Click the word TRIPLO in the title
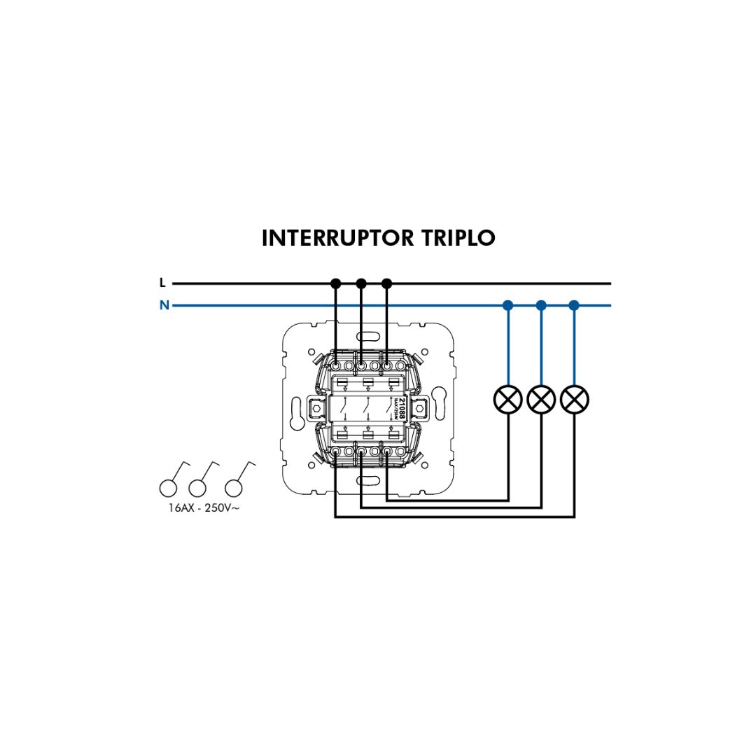pyautogui.click(x=458, y=238)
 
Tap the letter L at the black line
pyautogui.click(x=162, y=283)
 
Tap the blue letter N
pyautogui.click(x=164, y=305)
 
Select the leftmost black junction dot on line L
pyautogui.click(x=335, y=283)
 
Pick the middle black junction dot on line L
pyautogui.click(x=361, y=283)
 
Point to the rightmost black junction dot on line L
pyautogui.click(x=387, y=283)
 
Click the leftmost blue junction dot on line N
pyautogui.click(x=508, y=305)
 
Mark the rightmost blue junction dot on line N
pyautogui.click(x=575, y=305)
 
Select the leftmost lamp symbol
pyautogui.click(x=508, y=399)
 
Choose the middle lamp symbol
pyautogui.click(x=541, y=399)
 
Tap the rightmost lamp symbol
pyautogui.click(x=575, y=399)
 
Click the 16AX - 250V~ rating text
pyautogui.click(x=204, y=507)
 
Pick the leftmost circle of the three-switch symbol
pyautogui.click(x=168, y=488)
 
